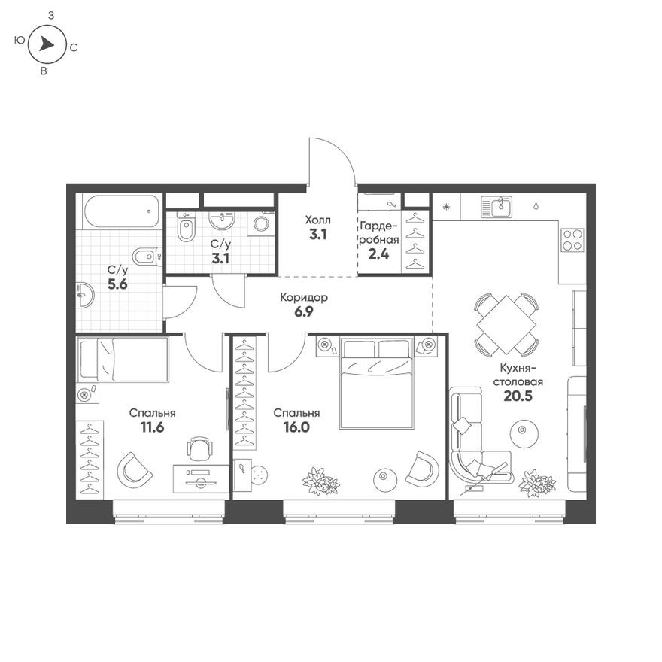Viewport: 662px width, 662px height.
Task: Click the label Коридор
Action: [x=303, y=297]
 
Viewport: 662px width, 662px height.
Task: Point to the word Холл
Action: [x=317, y=220]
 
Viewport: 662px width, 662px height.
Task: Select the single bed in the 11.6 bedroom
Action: [x=123, y=359]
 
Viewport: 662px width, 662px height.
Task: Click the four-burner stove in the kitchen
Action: [x=572, y=238]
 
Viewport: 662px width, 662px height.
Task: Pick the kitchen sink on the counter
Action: [x=498, y=205]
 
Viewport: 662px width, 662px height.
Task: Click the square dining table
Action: [x=507, y=325]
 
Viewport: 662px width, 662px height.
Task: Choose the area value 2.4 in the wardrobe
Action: [x=378, y=253]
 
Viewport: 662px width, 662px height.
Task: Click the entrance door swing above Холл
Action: [x=332, y=162]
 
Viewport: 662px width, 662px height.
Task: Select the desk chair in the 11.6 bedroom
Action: [x=199, y=449]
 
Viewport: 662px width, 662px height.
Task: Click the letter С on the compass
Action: [x=74, y=47]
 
